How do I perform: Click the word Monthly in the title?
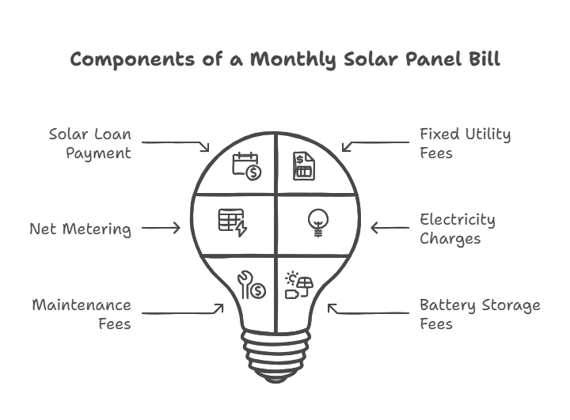293,59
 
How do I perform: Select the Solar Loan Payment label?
90,143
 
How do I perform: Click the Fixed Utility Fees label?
465,143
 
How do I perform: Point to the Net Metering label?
80,229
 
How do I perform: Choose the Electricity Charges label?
458,229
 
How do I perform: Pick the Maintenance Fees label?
82,314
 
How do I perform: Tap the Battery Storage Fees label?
480,314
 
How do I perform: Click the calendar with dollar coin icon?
247,166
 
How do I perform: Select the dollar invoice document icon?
304,166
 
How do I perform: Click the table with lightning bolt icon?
233,222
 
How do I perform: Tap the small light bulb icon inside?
318,223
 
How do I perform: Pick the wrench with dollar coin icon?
252,285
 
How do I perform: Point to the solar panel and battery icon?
299,285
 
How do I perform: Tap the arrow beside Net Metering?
161,228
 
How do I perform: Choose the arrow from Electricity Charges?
390,228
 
